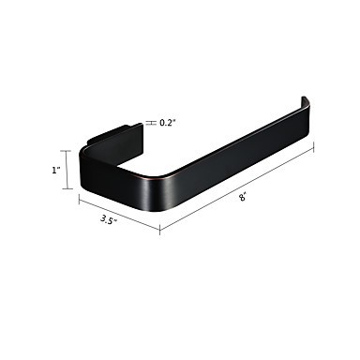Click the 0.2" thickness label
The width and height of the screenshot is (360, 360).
pyautogui.click(x=168, y=123)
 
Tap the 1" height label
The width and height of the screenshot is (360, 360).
pyautogui.click(x=56, y=171)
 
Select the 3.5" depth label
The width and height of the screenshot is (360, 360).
pyautogui.click(x=109, y=219)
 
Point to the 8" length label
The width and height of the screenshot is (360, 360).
pyautogui.click(x=243, y=198)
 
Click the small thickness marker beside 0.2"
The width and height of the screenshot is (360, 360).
pyautogui.click(x=151, y=123)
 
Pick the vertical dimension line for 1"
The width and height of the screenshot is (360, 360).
pyautogui.click(x=67, y=170)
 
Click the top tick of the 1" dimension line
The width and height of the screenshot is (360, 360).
pyautogui.click(x=67, y=151)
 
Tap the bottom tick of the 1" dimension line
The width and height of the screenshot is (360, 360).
pyautogui.click(x=67, y=188)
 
